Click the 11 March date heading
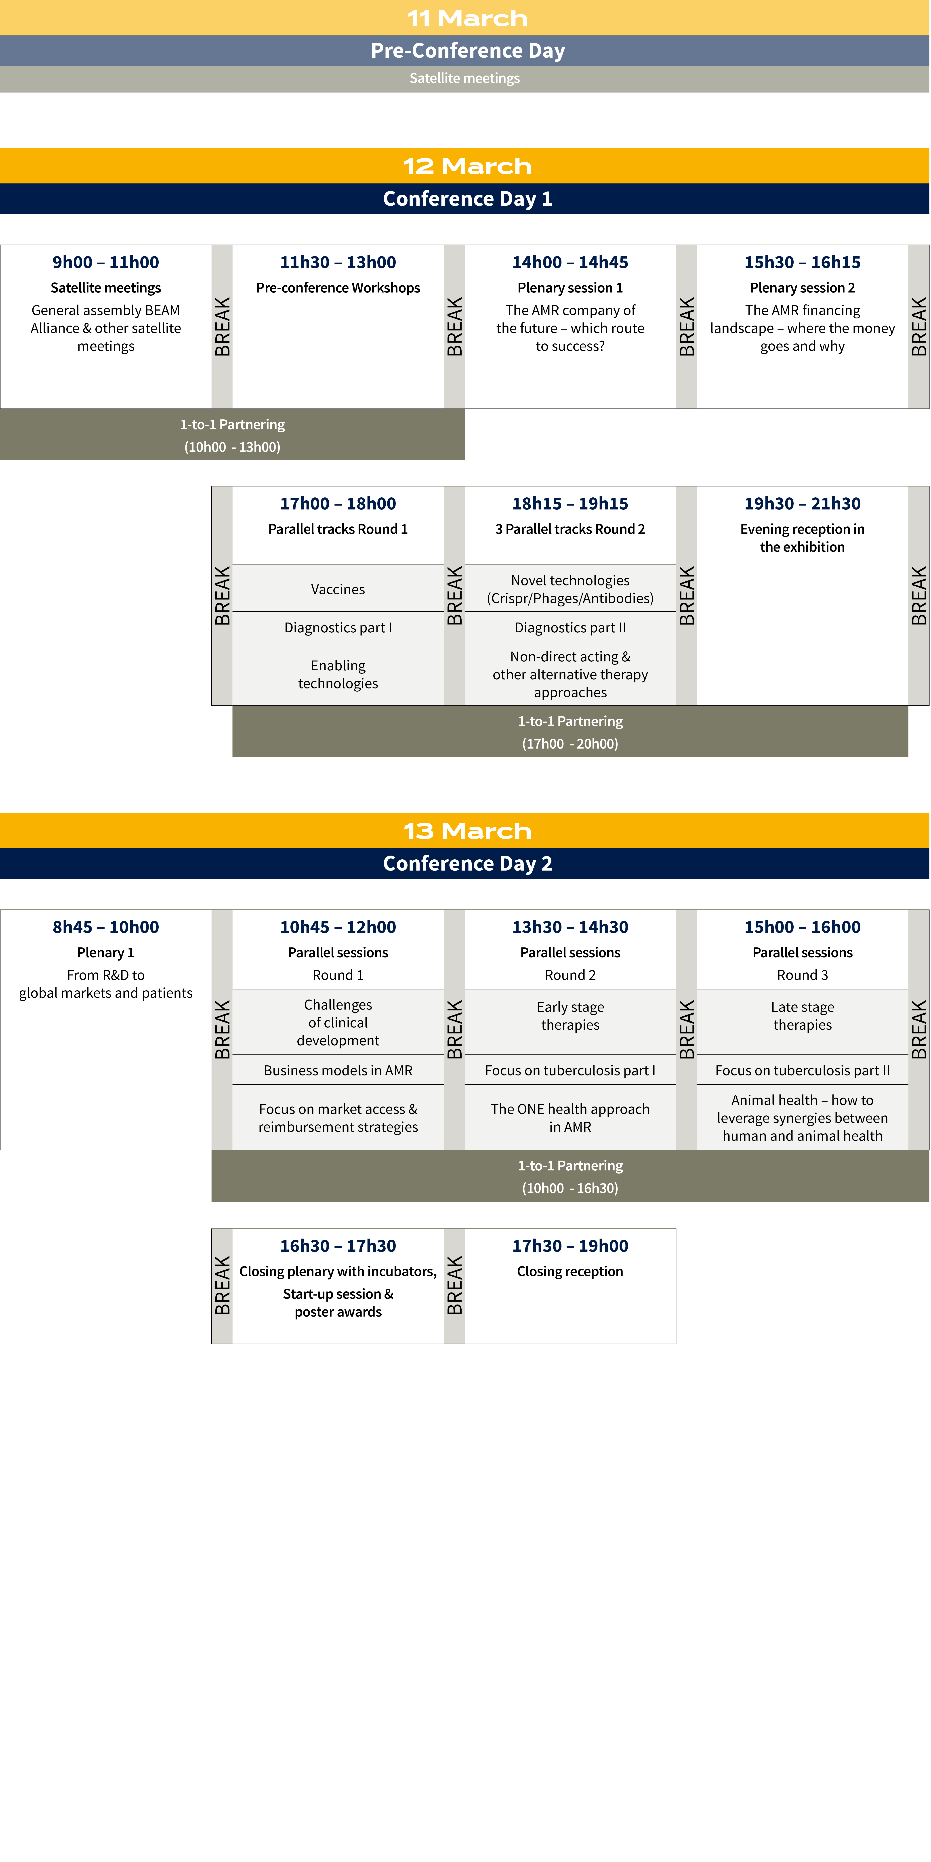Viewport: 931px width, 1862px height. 467,18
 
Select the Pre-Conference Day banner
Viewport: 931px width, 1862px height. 465,50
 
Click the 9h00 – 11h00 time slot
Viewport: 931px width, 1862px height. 105,262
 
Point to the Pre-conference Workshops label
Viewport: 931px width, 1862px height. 338,288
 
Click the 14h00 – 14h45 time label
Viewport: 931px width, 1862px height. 570,262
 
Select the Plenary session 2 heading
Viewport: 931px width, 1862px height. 802,288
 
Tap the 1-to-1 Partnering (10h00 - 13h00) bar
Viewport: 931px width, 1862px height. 232,434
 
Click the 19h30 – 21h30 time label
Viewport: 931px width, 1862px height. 802,504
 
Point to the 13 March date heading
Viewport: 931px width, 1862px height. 467,831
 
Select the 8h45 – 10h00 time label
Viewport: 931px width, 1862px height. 105,927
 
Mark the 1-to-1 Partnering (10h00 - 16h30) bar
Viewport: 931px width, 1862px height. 570,1176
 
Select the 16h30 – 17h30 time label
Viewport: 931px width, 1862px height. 338,1246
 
